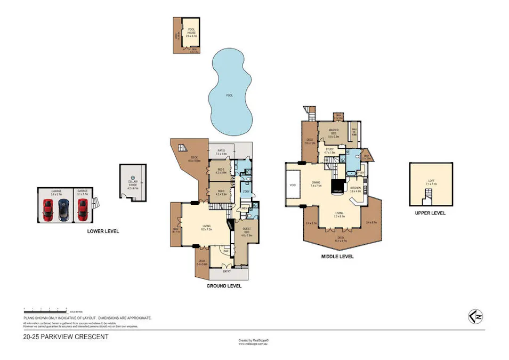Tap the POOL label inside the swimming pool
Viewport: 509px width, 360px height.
click(230, 95)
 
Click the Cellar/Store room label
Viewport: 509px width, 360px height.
click(133, 186)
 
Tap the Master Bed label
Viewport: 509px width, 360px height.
click(334, 133)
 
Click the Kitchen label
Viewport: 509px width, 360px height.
click(356, 189)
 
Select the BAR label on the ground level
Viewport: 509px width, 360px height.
click(226, 251)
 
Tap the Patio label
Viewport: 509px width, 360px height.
click(221, 152)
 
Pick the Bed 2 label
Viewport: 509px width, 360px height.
click(221, 171)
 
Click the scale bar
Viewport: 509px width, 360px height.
click(45, 309)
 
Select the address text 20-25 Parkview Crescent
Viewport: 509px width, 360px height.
click(66, 337)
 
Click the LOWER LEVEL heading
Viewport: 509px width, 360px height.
click(103, 231)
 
